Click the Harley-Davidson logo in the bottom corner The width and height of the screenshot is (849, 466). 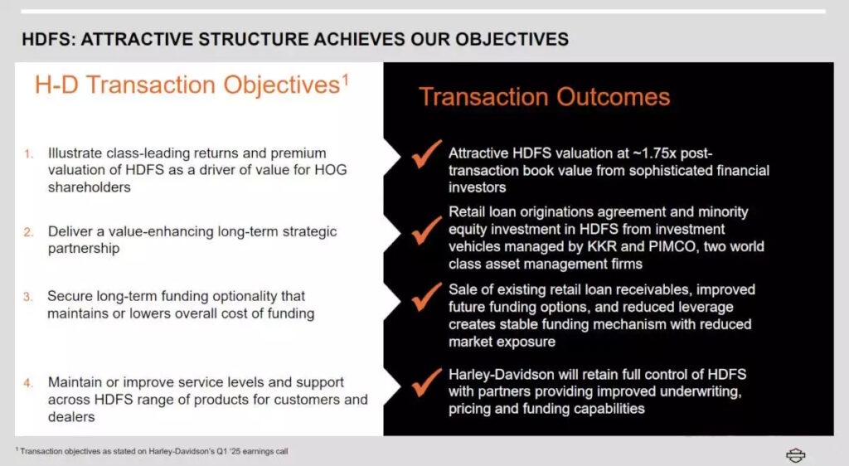[795, 455]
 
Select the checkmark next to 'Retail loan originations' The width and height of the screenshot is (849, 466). [427, 230]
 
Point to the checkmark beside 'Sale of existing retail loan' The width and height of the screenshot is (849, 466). [427, 297]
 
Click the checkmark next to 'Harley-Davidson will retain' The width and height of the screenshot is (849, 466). [427, 382]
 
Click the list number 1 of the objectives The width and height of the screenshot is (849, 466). [28, 154]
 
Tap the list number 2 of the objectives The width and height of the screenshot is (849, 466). [28, 232]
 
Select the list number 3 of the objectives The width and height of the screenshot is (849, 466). [28, 297]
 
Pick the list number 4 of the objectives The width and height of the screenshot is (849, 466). [28, 383]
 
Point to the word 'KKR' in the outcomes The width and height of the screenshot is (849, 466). [602, 246]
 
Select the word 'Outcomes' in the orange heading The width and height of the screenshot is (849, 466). [613, 97]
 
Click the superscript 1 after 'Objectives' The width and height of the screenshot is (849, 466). [345, 80]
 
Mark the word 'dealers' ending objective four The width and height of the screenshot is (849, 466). [71, 417]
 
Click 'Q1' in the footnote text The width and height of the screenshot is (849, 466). [222, 451]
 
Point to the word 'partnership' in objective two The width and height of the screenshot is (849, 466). [84, 249]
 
